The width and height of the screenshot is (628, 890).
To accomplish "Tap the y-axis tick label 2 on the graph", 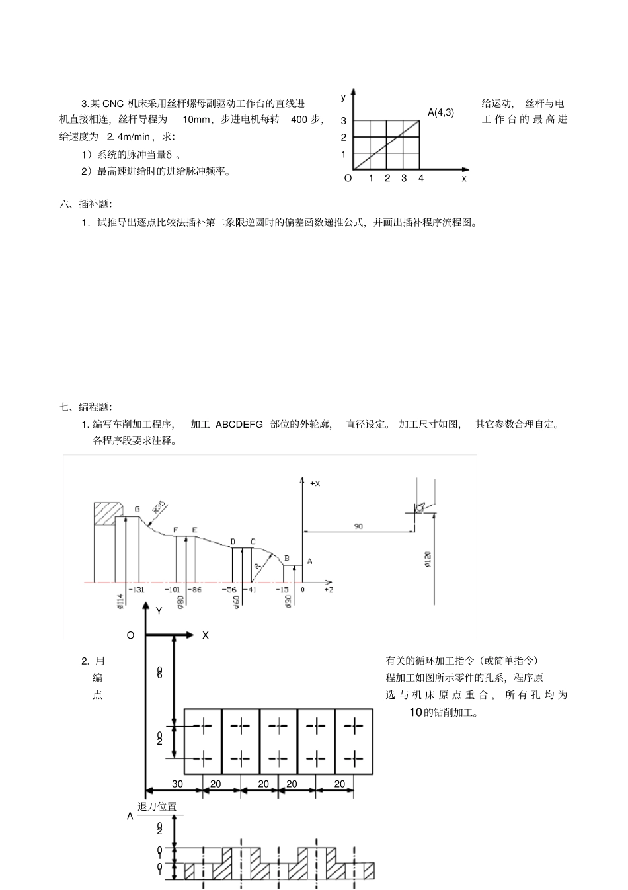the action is click(x=344, y=138).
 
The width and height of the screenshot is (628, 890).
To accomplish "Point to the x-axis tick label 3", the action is click(x=404, y=178).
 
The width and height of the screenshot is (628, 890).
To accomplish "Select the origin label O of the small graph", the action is click(x=348, y=178).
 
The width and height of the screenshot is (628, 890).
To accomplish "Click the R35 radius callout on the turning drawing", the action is click(x=159, y=507).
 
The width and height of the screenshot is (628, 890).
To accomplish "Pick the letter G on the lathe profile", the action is click(x=137, y=509).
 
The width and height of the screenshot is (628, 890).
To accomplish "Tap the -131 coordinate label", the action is click(x=136, y=589).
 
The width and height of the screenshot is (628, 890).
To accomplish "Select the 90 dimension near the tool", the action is click(x=358, y=526).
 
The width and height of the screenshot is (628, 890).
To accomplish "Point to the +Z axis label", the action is click(x=329, y=589).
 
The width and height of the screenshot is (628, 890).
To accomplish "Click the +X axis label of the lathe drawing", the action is click(x=315, y=483).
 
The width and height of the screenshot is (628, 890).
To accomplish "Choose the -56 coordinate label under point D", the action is click(x=229, y=589).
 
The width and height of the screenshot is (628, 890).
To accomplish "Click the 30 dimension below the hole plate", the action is click(x=177, y=784).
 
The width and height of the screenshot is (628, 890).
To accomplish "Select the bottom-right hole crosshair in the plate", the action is click(x=354, y=757).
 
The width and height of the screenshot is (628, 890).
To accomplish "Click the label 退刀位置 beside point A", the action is click(x=157, y=807).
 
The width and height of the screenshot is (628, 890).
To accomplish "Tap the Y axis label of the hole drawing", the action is click(x=159, y=611).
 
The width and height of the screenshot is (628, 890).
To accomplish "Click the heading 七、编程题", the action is click(x=86, y=407).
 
